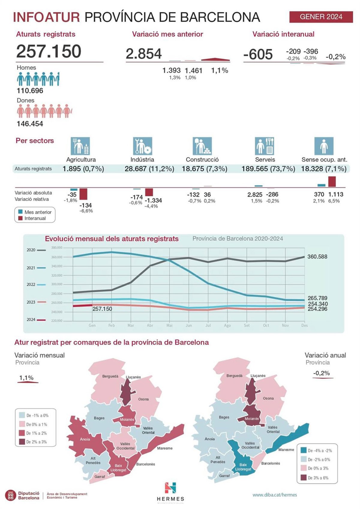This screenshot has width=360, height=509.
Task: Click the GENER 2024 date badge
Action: click(321, 17)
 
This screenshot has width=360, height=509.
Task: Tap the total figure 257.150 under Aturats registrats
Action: click(49, 51)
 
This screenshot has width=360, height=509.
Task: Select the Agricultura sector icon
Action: click(80, 146)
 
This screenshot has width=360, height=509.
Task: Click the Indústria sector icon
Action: click(142, 146)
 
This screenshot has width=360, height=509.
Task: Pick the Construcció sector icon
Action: click(202, 146)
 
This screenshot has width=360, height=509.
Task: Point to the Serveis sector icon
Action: click(265, 146)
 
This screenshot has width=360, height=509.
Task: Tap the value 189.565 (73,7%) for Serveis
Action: click(268, 169)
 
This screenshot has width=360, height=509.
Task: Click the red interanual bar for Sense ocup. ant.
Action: click(332, 182)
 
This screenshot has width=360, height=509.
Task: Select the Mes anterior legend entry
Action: click(35, 212)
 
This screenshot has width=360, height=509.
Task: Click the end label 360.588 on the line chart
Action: click(317, 257)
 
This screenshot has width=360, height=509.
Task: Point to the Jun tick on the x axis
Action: click(189, 325)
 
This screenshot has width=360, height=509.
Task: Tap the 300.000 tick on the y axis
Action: click(57, 284)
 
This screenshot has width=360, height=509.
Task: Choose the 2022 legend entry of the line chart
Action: click(36, 285)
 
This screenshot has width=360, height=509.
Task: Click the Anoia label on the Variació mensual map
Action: click(85, 439)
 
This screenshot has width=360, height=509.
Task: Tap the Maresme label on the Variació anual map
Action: click(286, 450)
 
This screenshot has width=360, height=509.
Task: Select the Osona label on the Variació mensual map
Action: click(143, 399)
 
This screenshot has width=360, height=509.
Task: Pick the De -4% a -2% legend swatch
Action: click(303, 450)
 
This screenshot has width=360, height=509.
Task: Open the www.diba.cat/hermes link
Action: click(274, 495)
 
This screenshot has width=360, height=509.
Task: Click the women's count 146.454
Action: click(30, 124)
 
